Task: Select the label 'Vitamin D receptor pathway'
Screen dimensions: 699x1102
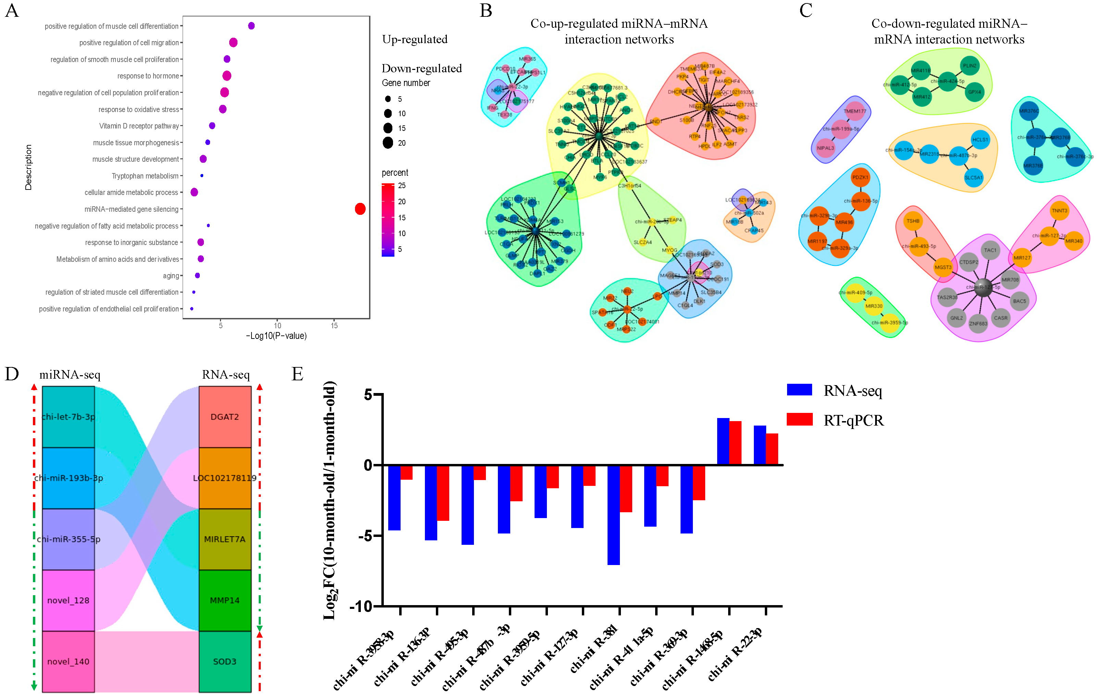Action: coord(139,126)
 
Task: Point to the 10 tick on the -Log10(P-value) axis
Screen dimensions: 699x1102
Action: coord(277,326)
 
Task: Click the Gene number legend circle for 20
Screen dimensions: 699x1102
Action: coord(388,143)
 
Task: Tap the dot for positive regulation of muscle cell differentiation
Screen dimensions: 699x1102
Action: coord(251,26)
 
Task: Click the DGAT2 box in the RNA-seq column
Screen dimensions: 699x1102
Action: coord(225,417)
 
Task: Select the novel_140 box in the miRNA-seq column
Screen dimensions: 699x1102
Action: coord(68,661)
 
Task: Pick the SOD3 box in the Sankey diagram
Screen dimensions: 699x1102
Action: coord(225,661)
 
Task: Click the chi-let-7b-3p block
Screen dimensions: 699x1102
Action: coord(68,417)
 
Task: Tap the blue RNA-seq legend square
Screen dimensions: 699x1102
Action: coord(799,390)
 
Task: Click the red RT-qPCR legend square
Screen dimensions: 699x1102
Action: coord(799,419)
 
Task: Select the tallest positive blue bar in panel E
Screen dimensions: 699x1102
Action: coord(723,441)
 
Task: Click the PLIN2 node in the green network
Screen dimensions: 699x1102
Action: coord(969,65)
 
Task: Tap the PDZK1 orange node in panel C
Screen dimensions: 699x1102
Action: coord(860,177)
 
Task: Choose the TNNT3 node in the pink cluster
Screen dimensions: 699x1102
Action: coord(1059,211)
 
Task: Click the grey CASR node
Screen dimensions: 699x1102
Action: coord(1001,318)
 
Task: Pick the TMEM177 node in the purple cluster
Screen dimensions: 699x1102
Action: coord(854,111)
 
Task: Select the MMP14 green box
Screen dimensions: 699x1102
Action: coord(225,600)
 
